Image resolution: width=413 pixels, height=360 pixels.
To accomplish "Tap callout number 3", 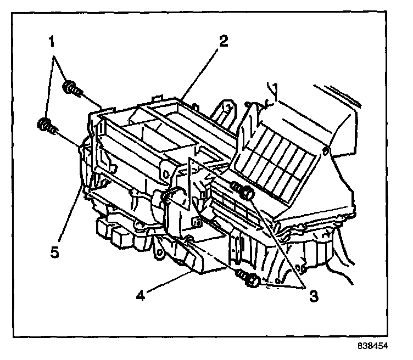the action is (313, 297).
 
